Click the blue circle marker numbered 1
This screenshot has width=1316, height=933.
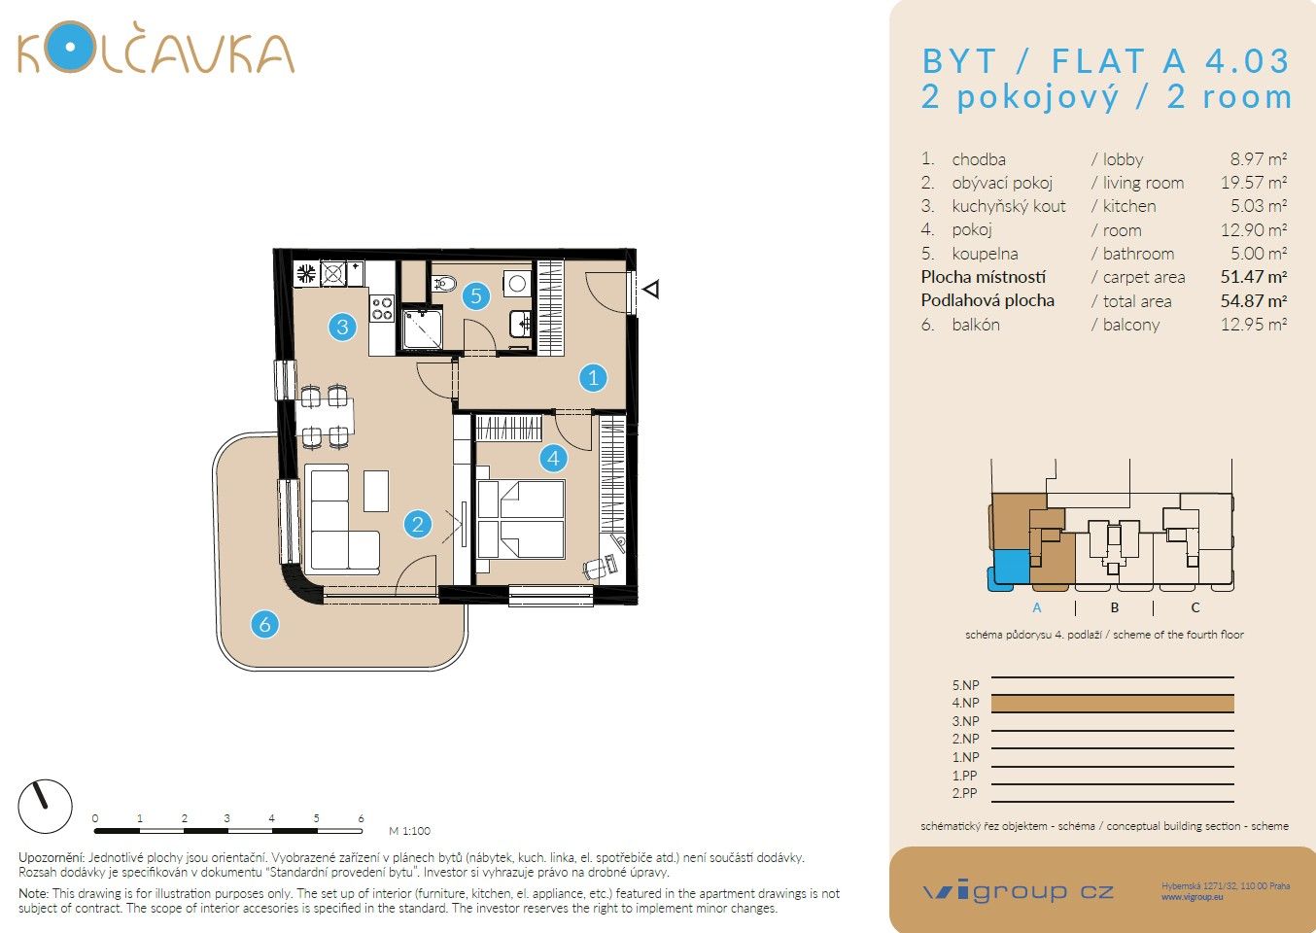click(593, 377)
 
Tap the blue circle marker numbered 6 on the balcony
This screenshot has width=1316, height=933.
click(264, 624)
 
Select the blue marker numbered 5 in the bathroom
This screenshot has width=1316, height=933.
click(475, 295)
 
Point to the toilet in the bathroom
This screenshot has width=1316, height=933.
click(444, 283)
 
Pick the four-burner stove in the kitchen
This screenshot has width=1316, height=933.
click(382, 309)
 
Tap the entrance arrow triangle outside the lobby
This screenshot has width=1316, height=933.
click(652, 289)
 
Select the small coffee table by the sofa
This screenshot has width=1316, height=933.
click(376, 491)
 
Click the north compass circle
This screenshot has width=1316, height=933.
click(46, 806)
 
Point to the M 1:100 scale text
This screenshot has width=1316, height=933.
click(409, 831)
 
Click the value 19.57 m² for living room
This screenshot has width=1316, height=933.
click(1253, 183)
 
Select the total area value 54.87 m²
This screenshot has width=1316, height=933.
click(1253, 301)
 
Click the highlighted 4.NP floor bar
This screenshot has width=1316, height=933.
click(1112, 703)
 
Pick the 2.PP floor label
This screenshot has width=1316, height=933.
click(964, 793)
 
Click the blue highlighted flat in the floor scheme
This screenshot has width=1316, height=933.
click(1009, 568)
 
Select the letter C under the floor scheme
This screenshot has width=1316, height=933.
click(1195, 607)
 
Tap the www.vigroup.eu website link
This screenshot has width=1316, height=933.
click(1192, 897)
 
